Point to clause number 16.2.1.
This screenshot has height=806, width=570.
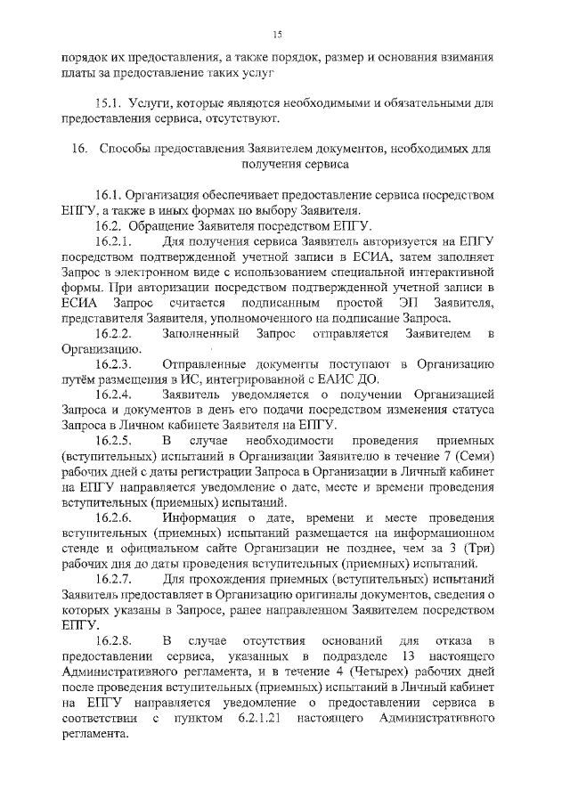(x=114, y=241)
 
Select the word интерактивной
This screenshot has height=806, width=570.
(x=447, y=272)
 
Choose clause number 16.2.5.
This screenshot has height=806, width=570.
(x=114, y=442)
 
